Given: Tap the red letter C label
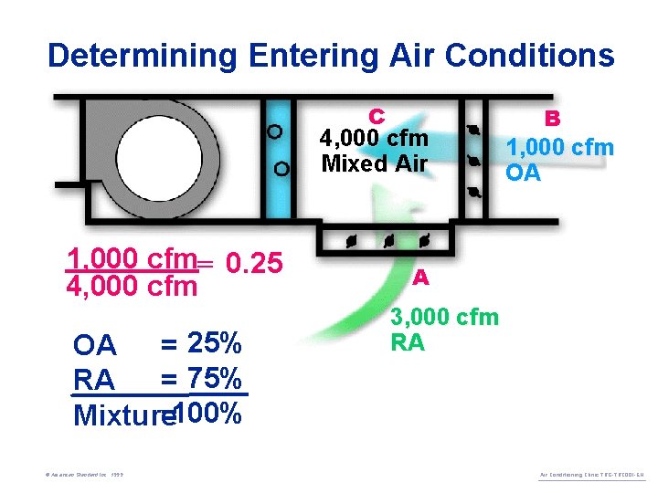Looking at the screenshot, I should (376, 116).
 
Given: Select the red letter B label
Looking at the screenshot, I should (552, 119).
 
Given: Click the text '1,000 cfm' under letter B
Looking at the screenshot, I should (560, 147).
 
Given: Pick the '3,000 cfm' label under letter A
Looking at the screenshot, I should (444, 318).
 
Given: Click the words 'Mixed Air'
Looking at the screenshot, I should (374, 164).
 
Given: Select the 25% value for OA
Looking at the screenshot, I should (214, 344).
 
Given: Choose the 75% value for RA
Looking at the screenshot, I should (214, 377).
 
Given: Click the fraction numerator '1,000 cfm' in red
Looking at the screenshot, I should (133, 258).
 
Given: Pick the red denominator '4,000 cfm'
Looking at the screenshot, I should (133, 287).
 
